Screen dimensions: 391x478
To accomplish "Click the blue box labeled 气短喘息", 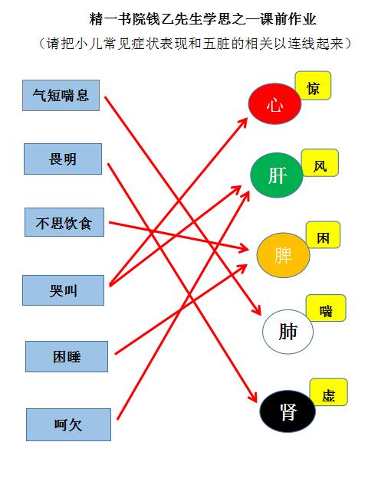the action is (61, 96).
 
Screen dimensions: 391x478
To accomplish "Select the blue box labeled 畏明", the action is (63, 159).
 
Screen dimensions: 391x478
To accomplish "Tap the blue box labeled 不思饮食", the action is (64, 222).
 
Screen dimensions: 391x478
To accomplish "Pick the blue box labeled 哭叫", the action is (63, 290).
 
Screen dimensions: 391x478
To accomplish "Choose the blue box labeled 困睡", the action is (67, 356).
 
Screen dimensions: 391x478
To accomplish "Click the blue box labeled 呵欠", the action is (69, 424).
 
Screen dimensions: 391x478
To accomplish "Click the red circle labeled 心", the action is (274, 103).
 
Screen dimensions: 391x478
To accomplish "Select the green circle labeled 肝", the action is (277, 175).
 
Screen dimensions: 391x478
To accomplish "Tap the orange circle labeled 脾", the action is (284, 255).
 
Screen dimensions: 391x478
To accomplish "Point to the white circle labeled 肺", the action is (288, 332).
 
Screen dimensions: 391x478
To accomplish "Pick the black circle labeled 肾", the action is (287, 411).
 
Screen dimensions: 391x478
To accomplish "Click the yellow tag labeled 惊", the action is (314, 86).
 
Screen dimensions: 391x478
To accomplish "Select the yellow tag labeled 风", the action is (320, 163).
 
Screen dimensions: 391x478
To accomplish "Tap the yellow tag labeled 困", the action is (324, 235).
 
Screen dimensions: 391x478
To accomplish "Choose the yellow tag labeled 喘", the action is (326, 308).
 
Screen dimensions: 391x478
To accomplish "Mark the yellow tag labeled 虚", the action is (329, 392).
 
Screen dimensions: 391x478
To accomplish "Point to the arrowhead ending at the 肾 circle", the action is (254, 397).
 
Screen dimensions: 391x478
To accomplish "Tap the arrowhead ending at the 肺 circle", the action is (258, 310).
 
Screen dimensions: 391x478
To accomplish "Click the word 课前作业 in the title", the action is (287, 19).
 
